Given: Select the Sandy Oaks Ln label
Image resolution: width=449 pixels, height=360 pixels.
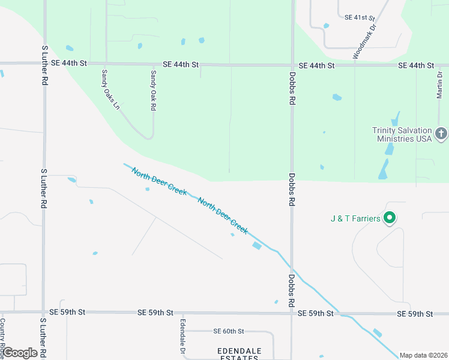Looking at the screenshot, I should pyautogui.click(x=109, y=91).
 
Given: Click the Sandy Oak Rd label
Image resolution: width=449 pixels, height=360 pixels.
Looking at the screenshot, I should pyautogui.click(x=153, y=90).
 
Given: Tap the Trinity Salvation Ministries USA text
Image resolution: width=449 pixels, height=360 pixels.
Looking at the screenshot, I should pyautogui.click(x=402, y=134).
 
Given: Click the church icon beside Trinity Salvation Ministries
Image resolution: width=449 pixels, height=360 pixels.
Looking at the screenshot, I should pyautogui.click(x=441, y=133).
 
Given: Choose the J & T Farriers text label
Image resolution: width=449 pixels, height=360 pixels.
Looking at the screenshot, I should pyautogui.click(x=355, y=218).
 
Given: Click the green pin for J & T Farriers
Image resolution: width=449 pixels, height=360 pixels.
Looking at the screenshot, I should pyautogui.click(x=390, y=218).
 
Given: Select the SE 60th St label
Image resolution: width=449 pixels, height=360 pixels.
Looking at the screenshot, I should pyautogui.click(x=229, y=331).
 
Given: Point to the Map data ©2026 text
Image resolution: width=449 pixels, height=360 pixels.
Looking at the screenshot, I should pyautogui.click(x=424, y=355).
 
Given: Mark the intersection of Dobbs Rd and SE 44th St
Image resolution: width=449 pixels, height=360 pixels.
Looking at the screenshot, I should pyautogui.click(x=292, y=65).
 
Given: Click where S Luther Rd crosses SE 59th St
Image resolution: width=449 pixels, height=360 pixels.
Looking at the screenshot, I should pyautogui.click(x=43, y=312).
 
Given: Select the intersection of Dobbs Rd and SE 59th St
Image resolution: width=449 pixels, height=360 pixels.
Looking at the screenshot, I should pyautogui.click(x=292, y=313).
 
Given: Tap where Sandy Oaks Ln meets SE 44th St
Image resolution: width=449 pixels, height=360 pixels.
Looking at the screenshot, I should pyautogui.click(x=106, y=64).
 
